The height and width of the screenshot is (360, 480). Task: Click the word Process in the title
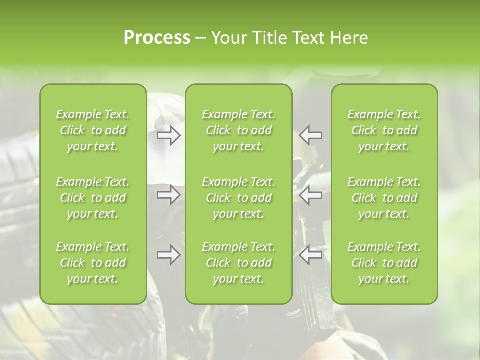click(x=157, y=38)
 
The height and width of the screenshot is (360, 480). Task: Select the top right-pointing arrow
click(x=169, y=135)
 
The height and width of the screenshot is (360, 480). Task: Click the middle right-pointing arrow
click(x=169, y=195)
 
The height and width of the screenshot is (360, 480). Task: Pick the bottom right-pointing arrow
click(x=169, y=255)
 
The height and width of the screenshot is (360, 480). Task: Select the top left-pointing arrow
click(x=310, y=135)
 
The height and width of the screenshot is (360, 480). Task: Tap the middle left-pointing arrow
click(x=310, y=195)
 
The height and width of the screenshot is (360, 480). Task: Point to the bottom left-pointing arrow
click(x=310, y=255)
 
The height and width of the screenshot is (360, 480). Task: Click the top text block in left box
click(x=93, y=130)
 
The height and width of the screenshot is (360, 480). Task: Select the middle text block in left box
click(x=93, y=198)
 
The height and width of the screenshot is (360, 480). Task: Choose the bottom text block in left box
click(x=93, y=263)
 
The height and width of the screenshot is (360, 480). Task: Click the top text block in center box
click(x=239, y=130)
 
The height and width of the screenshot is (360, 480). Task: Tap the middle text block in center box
click(x=239, y=198)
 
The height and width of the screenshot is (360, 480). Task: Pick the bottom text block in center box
click(x=239, y=263)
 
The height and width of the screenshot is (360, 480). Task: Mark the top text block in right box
click(x=384, y=130)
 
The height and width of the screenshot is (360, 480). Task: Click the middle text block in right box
click(x=384, y=198)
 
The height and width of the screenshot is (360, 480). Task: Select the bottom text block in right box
click(x=384, y=263)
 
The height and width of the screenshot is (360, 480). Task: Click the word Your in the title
click(x=229, y=38)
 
